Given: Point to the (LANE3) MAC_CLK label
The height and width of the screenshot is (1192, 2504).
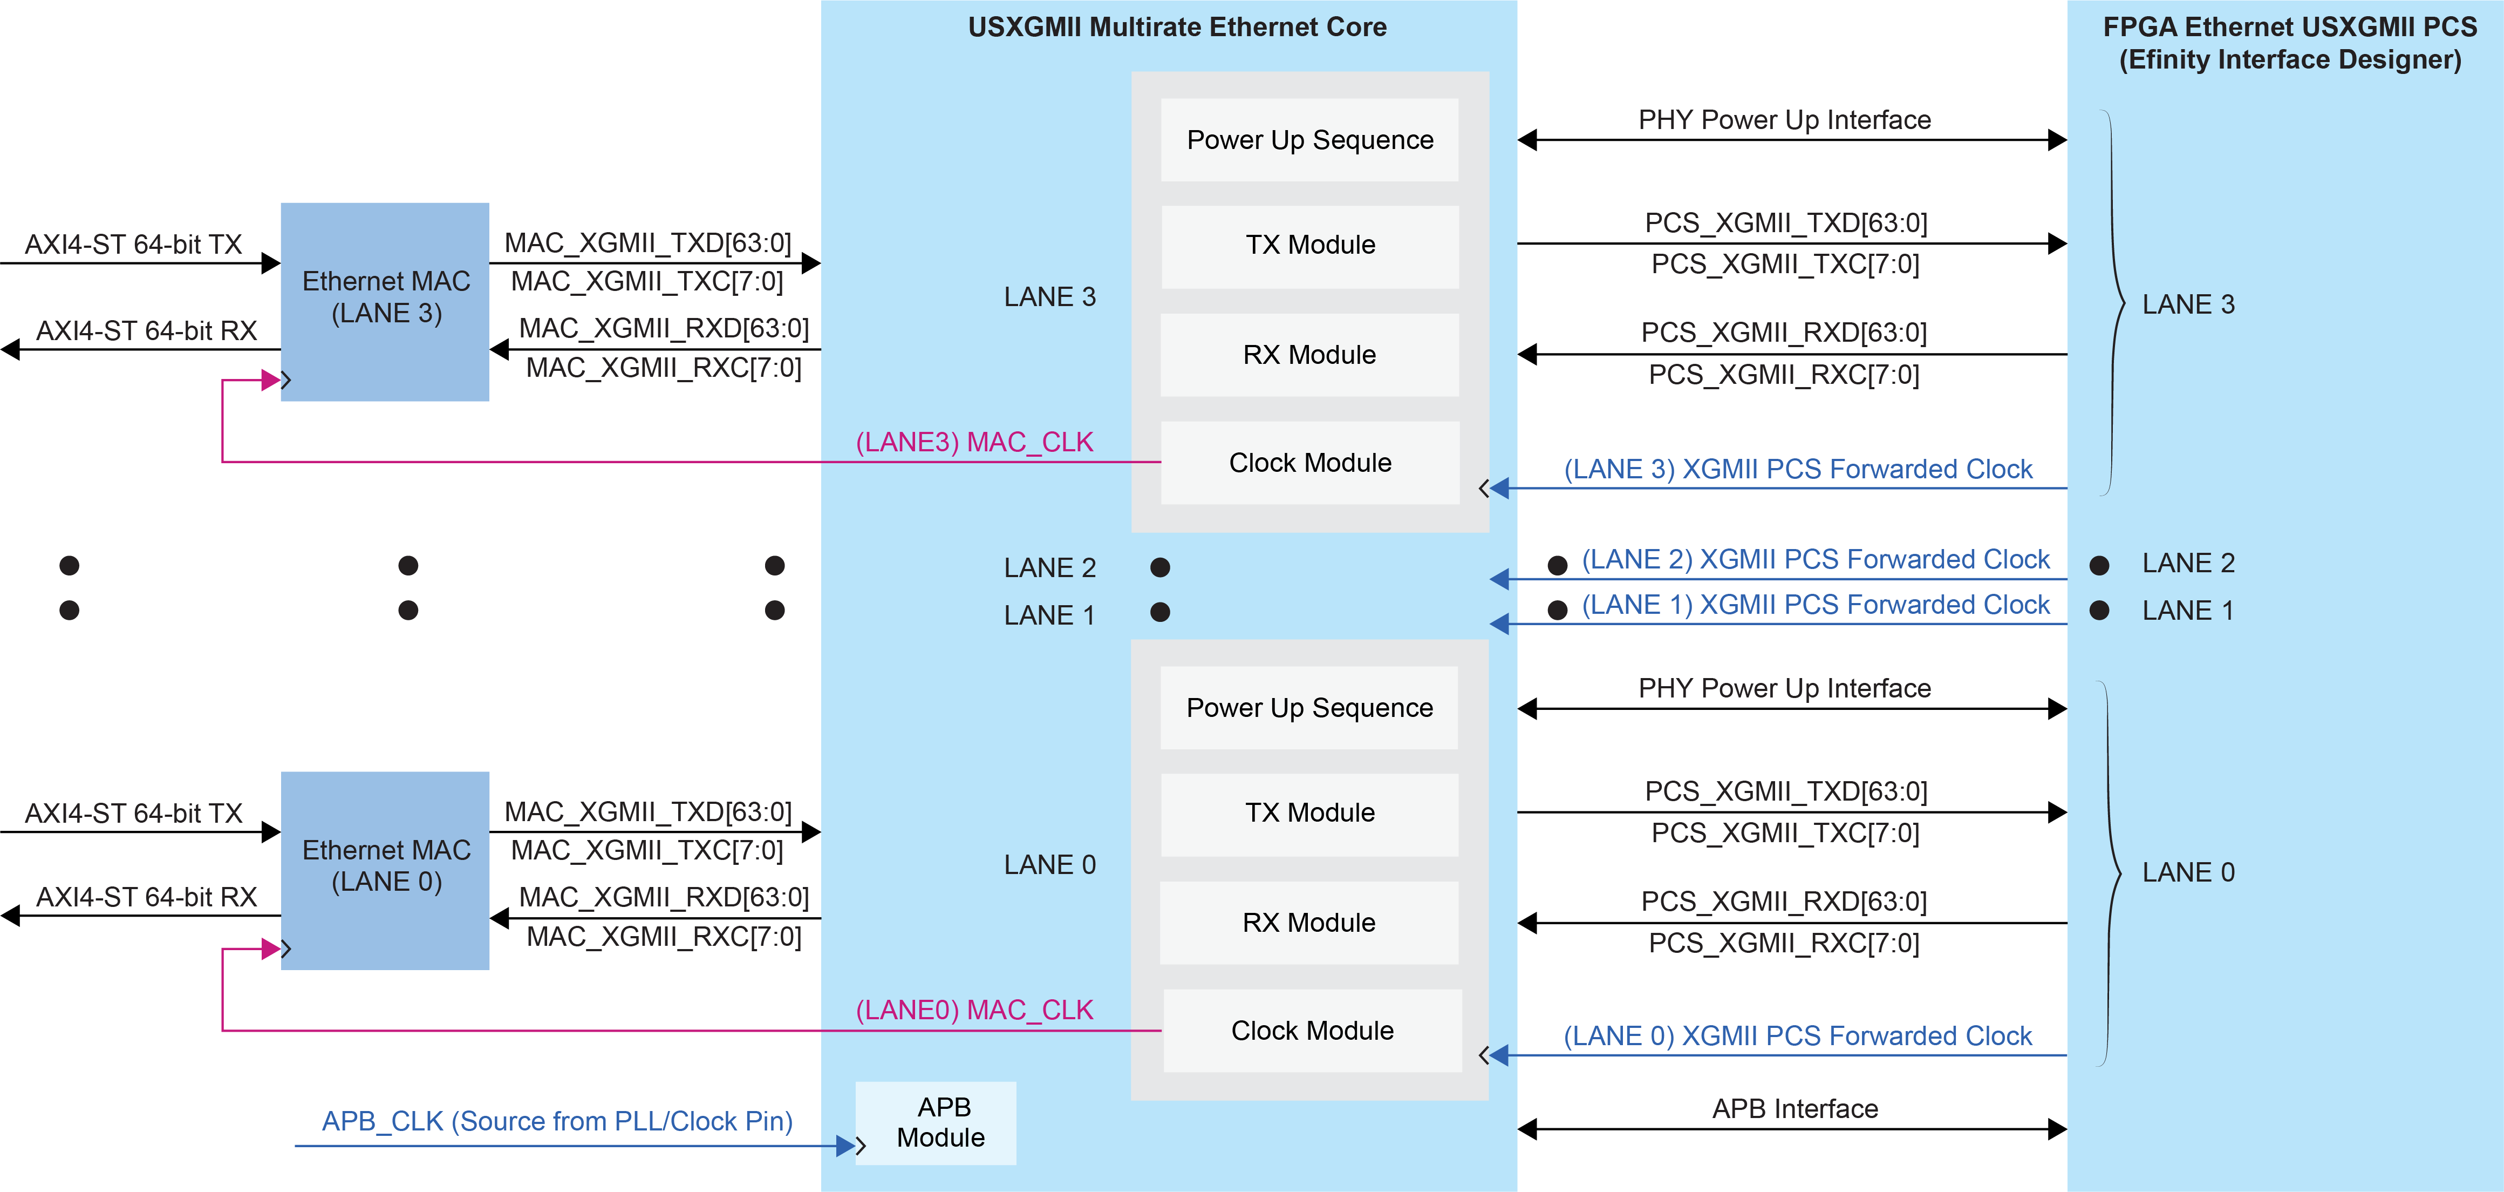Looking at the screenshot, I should coord(974,442).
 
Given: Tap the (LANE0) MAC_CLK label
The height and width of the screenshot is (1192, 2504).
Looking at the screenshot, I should coord(974,1010).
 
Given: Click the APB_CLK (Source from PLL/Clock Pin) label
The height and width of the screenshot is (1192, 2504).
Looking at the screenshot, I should coord(557,1121).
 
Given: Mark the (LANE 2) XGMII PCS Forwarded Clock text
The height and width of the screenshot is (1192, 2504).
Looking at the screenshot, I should coord(1815,559).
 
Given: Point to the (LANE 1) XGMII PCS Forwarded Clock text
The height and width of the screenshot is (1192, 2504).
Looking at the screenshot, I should coord(1815,605).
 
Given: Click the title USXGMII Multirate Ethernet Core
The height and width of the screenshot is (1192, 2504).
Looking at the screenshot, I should coord(1176,27).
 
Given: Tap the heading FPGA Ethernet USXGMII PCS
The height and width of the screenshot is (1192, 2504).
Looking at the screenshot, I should coord(2289,27).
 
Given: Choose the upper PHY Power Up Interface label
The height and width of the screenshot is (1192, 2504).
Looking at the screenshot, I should coord(1784,120).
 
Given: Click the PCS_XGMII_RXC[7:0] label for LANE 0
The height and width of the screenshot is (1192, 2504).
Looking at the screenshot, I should coord(1784,943).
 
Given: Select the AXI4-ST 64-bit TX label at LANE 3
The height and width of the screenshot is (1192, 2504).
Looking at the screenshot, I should coord(133,244).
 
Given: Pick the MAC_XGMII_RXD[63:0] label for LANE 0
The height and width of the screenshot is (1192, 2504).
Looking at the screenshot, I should coord(664,897).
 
